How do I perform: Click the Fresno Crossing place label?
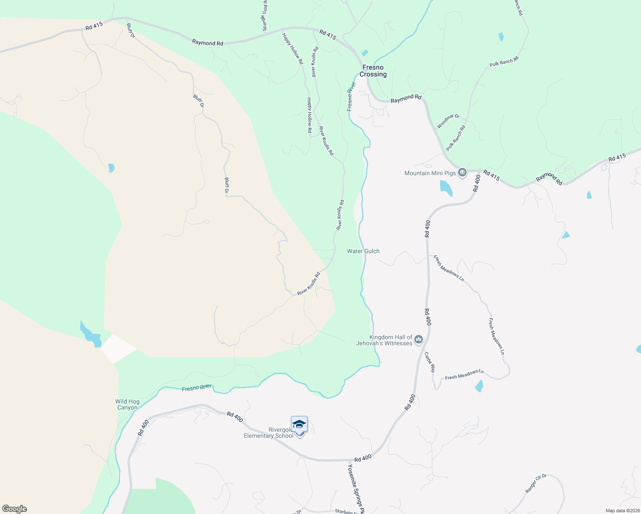[373, 71]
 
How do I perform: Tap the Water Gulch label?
[363, 251]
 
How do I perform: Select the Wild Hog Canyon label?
[127, 404]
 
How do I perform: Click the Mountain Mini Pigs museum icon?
[462, 173]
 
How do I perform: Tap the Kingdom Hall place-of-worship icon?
[419, 340]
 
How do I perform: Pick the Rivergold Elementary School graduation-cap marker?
[299, 424]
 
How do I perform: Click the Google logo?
[15, 509]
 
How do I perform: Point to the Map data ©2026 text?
[623, 511]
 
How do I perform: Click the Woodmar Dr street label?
[448, 121]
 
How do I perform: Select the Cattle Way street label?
[430, 362]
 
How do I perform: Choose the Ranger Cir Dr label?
[536, 483]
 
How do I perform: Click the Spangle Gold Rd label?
[265, 15]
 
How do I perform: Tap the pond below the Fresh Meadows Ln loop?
[479, 386]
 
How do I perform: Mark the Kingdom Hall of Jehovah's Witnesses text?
[384, 341]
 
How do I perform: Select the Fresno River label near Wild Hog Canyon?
[197, 388]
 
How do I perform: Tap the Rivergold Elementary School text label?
[269, 433]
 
